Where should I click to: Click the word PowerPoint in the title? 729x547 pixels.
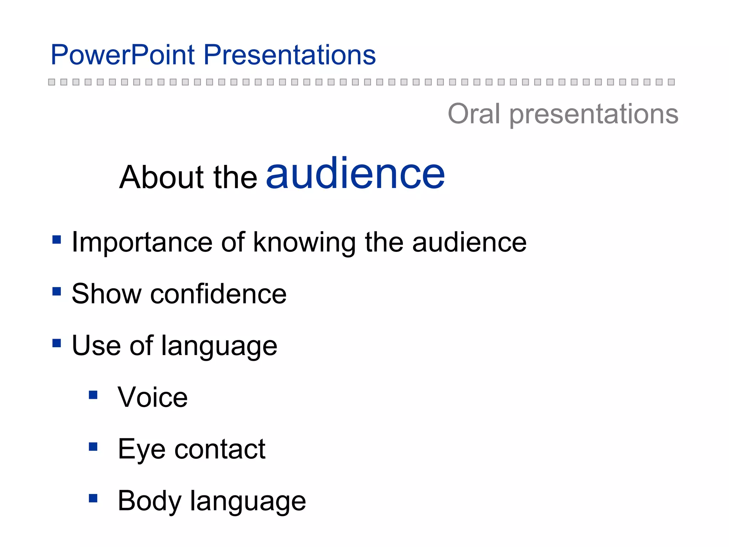pos(123,55)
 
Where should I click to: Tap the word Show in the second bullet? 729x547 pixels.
pos(106,294)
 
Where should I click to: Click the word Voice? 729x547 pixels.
pos(153,397)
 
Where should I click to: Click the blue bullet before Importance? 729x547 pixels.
pos(57,239)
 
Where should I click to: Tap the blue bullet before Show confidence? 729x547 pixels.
pos(57,291)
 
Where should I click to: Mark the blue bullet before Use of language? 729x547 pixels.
pos(57,343)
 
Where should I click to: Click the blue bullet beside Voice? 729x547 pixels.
pos(93,395)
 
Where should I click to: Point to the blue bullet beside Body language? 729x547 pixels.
pos(93,498)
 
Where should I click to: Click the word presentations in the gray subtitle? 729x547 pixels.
pos(593,115)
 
